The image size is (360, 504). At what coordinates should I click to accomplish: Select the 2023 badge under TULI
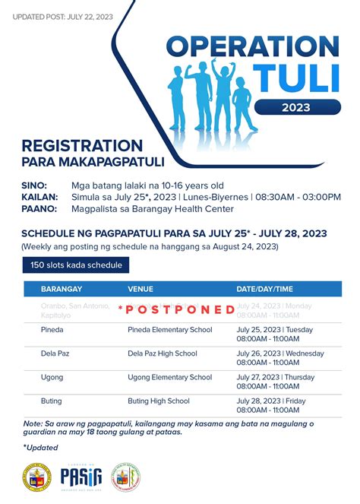(x=295, y=107)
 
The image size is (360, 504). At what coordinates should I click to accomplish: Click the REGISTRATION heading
(x=82, y=145)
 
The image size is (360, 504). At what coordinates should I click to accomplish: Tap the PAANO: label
(x=39, y=209)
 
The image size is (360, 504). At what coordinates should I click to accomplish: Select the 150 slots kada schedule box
(x=75, y=265)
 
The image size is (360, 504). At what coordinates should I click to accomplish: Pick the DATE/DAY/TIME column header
(x=264, y=290)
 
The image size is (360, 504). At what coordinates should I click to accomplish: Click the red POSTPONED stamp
(x=176, y=309)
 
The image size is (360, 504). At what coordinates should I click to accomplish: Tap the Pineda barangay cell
(x=52, y=331)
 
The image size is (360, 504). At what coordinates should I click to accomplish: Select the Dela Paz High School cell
(x=162, y=353)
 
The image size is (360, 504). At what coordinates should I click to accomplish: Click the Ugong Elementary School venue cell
(x=169, y=377)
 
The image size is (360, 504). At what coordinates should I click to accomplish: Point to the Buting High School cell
(x=158, y=401)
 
